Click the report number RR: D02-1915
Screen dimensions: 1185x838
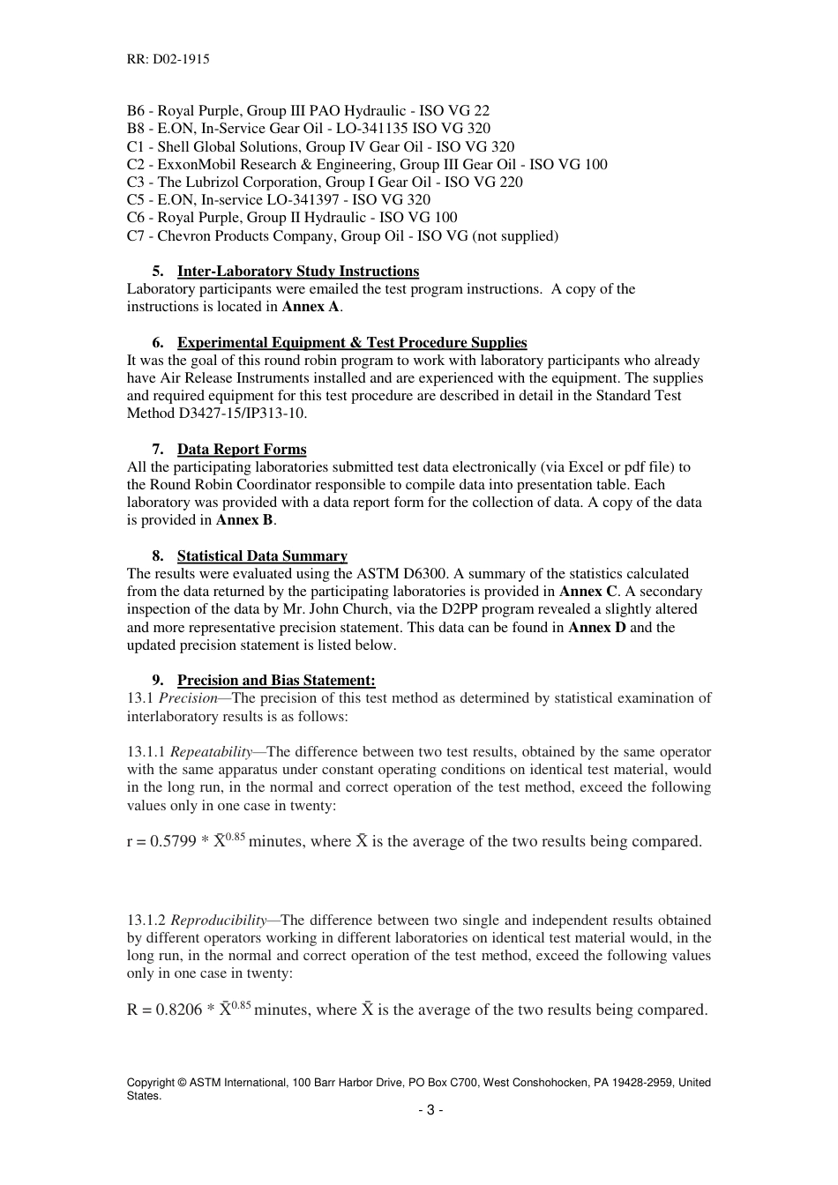pyautogui.click(x=168, y=59)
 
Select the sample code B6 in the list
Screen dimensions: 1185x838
pyautogui.click(x=136, y=111)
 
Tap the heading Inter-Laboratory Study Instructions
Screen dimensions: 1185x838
pyautogui.click(x=297, y=272)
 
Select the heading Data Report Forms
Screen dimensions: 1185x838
pyautogui.click(x=241, y=450)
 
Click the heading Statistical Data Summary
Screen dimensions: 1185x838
pyautogui.click(x=261, y=556)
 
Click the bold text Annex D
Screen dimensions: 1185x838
pyautogui.click(x=596, y=628)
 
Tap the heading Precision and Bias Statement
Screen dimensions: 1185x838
pyautogui.click(x=275, y=681)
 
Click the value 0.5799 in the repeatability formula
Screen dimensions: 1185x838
pyautogui.click(x=173, y=842)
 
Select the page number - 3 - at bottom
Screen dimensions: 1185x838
pyautogui.click(x=430, y=1110)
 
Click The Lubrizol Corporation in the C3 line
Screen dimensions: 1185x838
pyautogui.click(x=233, y=183)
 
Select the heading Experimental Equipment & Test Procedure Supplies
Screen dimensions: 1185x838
pyautogui.click(x=351, y=343)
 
